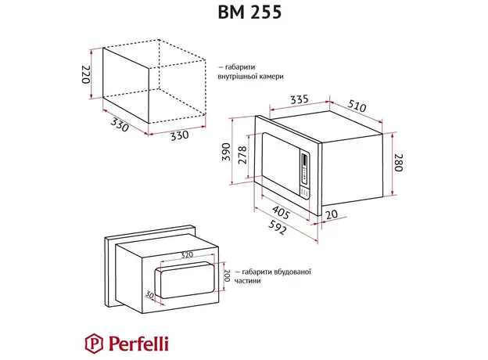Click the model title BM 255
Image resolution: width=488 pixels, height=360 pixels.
pos(243,13)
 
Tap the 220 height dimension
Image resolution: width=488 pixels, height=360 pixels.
pos(87,75)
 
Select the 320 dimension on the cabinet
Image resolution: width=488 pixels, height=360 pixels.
pos(187,255)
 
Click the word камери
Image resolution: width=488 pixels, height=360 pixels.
pos(267,77)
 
